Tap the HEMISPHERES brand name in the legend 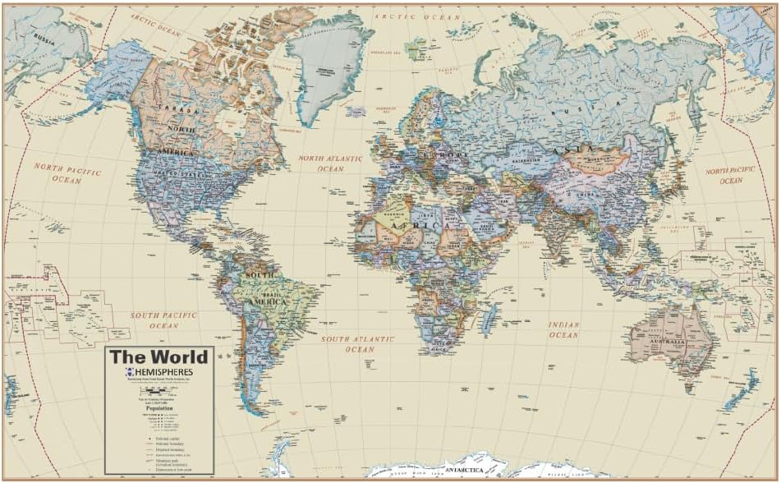tap(163, 372)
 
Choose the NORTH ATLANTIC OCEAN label tap(330, 163)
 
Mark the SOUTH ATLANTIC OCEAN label tap(359, 343)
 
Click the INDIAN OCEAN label tap(564, 329)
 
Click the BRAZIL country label tap(274, 293)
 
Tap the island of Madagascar tap(490, 316)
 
